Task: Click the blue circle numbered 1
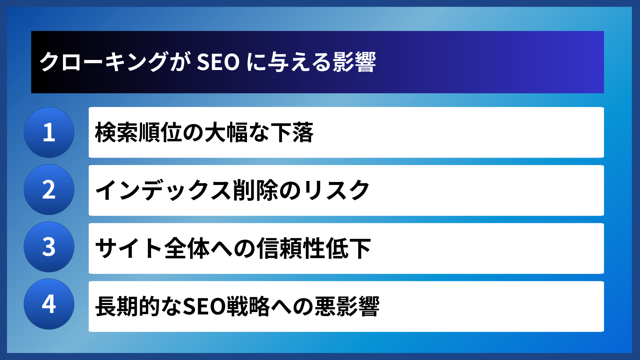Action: (x=49, y=132)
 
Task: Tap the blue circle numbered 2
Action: (x=49, y=190)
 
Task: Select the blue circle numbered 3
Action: (x=49, y=247)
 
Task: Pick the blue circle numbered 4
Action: (x=49, y=304)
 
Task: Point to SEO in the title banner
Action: (x=218, y=62)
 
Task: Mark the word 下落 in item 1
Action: (x=292, y=132)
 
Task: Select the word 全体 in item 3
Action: (x=187, y=248)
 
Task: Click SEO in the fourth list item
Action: (x=204, y=306)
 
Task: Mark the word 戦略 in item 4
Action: (x=248, y=306)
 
